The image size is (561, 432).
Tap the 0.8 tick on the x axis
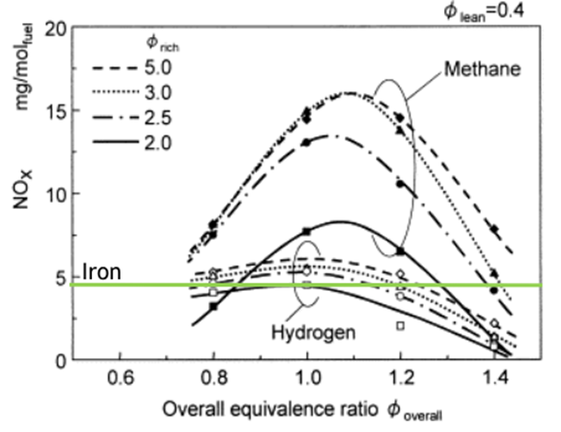coord(214,379)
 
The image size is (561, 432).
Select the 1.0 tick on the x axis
coord(308,379)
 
